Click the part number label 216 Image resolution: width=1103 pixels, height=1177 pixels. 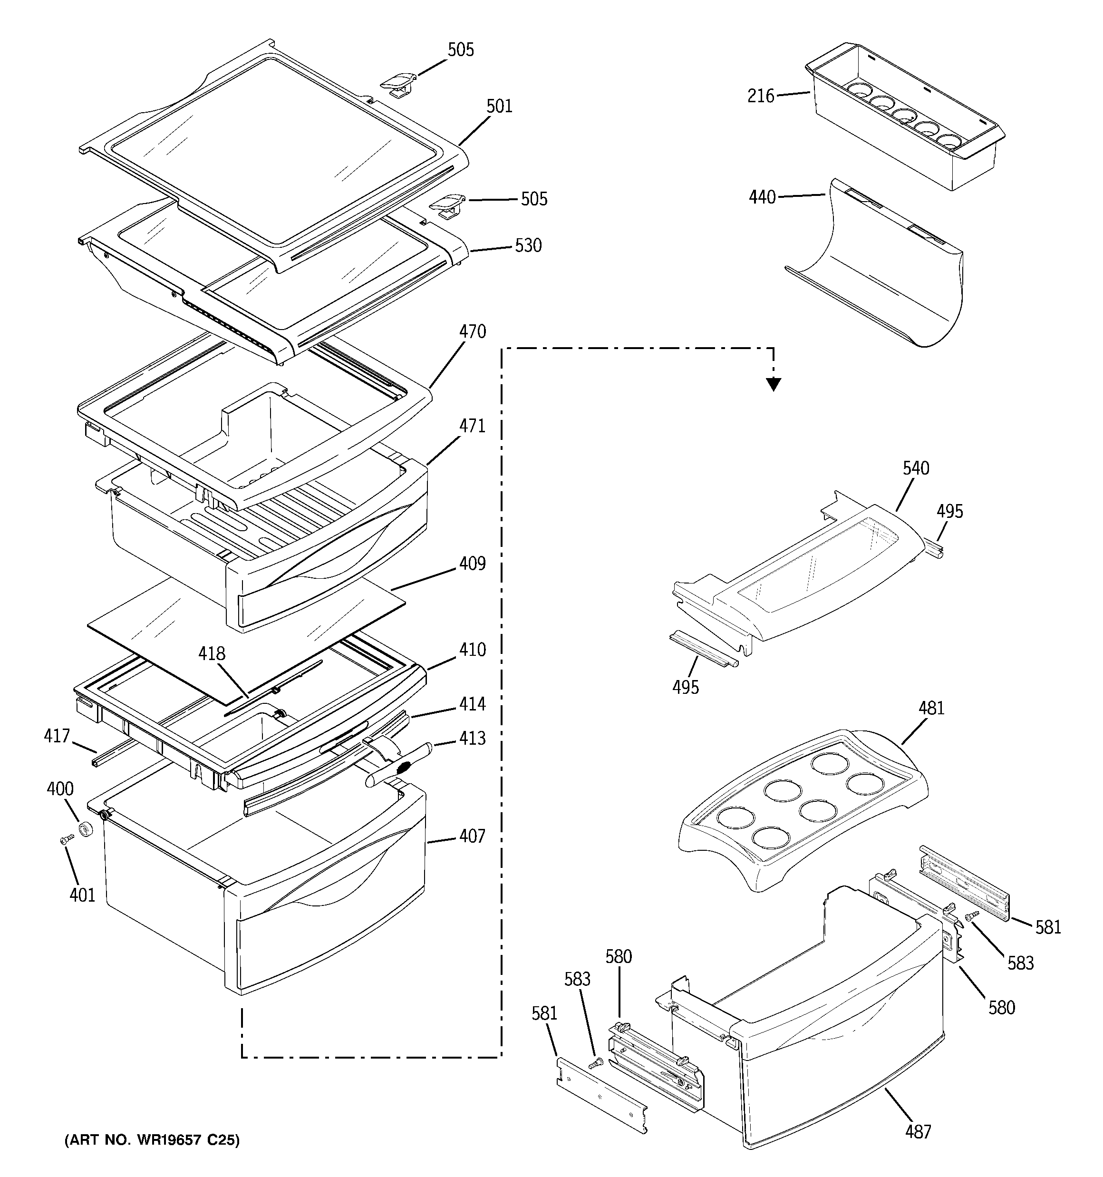(x=761, y=96)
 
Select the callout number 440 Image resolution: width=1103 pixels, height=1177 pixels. (x=762, y=197)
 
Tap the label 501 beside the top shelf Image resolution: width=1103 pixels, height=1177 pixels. (x=499, y=107)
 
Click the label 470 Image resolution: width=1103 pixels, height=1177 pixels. (x=473, y=331)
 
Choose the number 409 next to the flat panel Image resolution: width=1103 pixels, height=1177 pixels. (x=473, y=564)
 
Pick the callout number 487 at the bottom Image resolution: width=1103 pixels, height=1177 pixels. (x=918, y=1131)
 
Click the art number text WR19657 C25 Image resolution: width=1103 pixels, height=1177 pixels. (x=152, y=1140)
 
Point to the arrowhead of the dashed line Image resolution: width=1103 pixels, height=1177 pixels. (x=773, y=385)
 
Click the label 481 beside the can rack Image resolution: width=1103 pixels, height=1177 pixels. (x=931, y=708)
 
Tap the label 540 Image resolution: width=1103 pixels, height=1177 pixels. (x=916, y=468)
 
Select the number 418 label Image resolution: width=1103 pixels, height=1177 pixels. (x=212, y=653)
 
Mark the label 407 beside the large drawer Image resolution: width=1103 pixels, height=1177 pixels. (x=473, y=836)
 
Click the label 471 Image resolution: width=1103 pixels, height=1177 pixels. (x=473, y=426)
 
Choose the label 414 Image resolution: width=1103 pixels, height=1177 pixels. (x=473, y=703)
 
